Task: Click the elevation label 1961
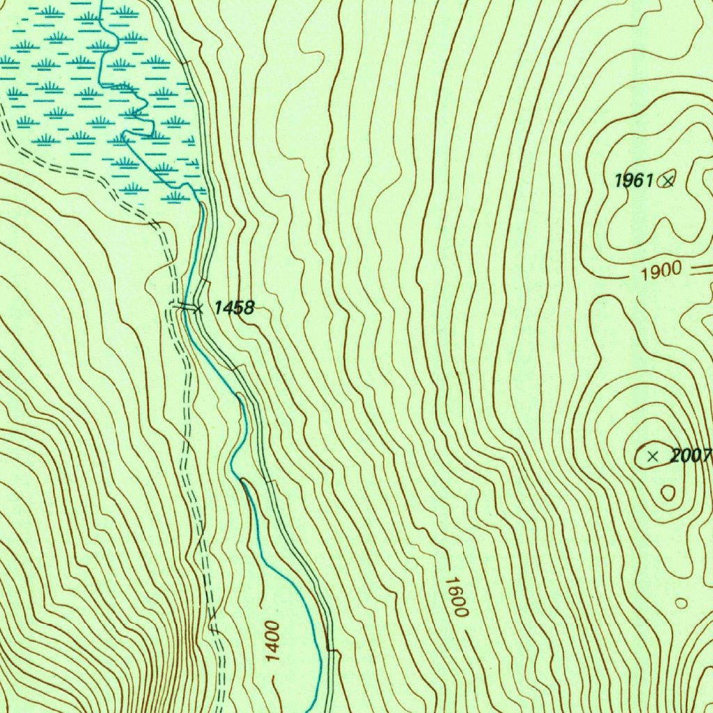633,181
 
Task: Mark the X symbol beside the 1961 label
668,181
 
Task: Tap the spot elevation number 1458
234,307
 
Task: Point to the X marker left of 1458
198,308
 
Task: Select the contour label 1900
661,272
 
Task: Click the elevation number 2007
689,457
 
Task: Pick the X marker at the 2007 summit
652,457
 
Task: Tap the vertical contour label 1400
272,641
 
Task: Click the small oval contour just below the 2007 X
668,493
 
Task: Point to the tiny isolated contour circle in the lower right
681,602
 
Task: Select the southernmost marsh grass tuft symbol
175,196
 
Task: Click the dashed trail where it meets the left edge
3,132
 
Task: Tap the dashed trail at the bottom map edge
222,709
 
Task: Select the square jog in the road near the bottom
333,652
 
